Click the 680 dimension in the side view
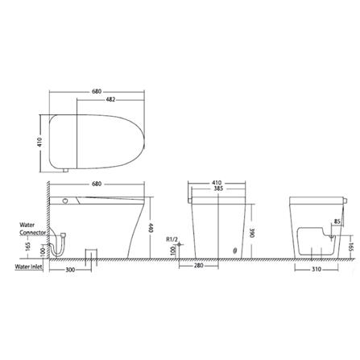[x=96, y=184]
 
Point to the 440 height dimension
[x=152, y=228]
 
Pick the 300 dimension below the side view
[x=68, y=271]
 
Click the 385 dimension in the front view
[x=216, y=189]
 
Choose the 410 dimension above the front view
[x=216, y=183]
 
